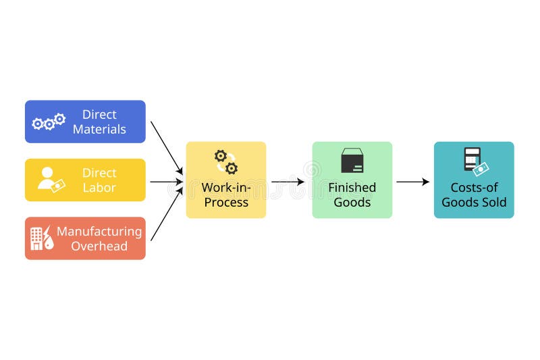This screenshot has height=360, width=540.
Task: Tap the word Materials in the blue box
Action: click(x=99, y=130)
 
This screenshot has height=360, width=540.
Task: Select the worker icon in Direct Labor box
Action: click(x=51, y=180)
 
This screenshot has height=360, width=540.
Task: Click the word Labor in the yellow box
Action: click(x=99, y=188)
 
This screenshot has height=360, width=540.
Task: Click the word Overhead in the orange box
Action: click(x=99, y=246)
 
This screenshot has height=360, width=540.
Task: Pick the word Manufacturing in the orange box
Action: click(x=99, y=231)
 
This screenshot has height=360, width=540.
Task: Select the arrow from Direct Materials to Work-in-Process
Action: click(x=166, y=146)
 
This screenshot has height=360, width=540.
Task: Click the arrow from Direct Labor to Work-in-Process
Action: click(x=166, y=182)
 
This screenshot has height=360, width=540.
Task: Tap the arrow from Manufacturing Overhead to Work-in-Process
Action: click(x=166, y=215)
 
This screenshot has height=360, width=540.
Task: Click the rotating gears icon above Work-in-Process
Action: click(x=226, y=162)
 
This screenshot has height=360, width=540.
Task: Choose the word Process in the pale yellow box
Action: click(x=226, y=203)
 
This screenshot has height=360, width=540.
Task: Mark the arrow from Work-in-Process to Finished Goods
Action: click(x=288, y=182)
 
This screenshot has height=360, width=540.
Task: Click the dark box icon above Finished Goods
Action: click(x=352, y=161)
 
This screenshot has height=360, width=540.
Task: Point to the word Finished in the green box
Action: click(x=352, y=188)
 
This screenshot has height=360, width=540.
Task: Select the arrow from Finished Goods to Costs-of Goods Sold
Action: click(x=412, y=182)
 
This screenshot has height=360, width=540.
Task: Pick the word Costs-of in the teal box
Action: click(x=474, y=188)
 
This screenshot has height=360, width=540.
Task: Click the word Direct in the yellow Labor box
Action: click(x=99, y=173)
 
